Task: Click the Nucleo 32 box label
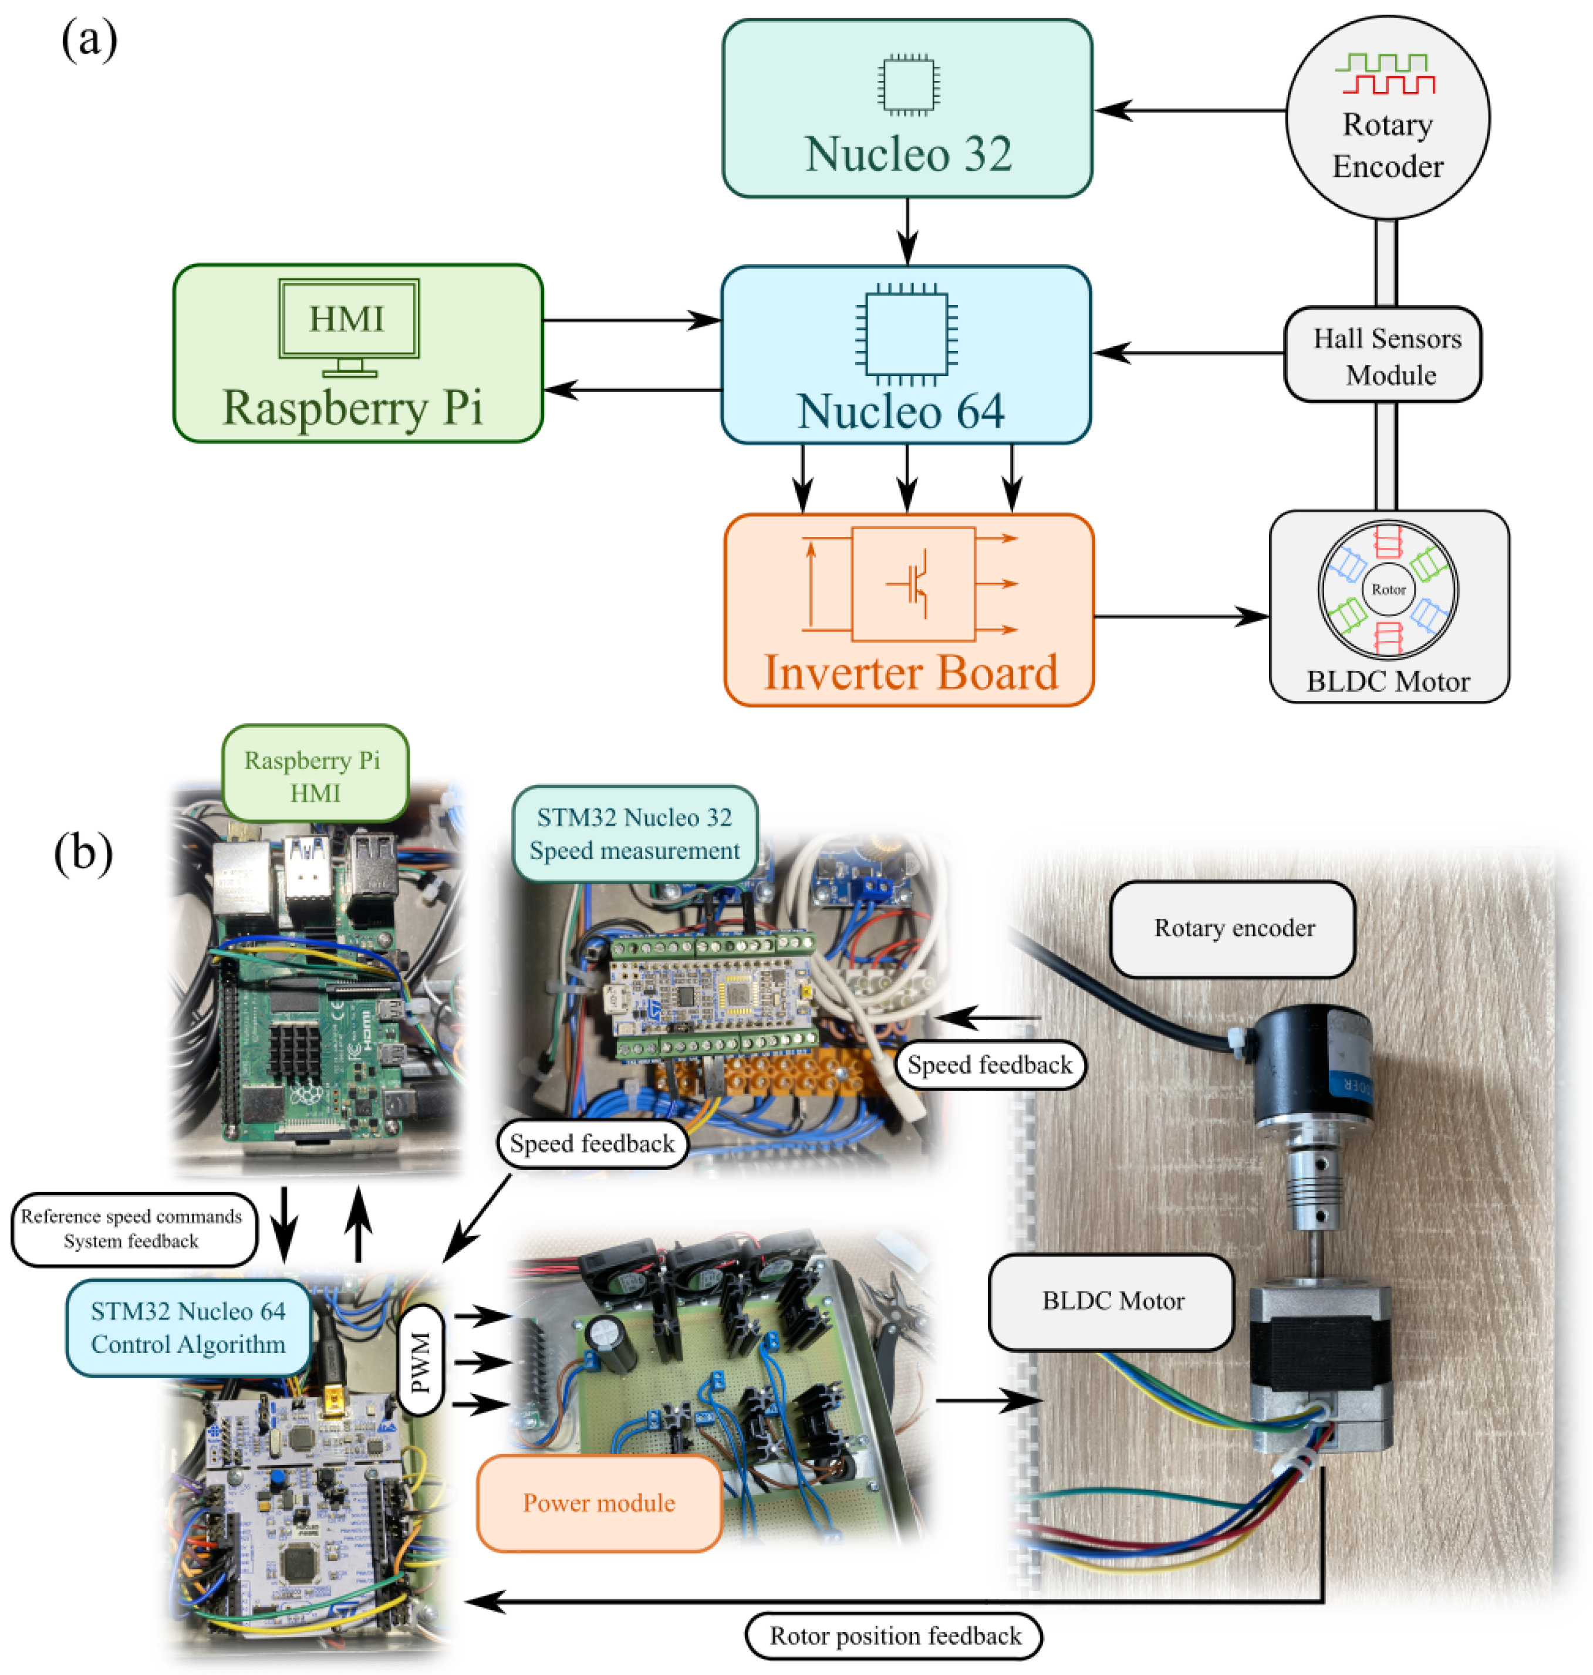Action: click(908, 154)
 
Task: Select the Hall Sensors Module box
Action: click(1386, 356)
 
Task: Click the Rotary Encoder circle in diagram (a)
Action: click(1388, 118)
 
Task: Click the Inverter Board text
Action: click(910, 673)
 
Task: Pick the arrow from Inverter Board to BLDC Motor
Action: click(1180, 617)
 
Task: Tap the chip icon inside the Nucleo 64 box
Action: click(906, 334)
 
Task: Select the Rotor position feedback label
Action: click(893, 1636)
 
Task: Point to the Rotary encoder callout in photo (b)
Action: click(1233, 929)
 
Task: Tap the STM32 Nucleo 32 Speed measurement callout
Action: click(635, 834)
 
